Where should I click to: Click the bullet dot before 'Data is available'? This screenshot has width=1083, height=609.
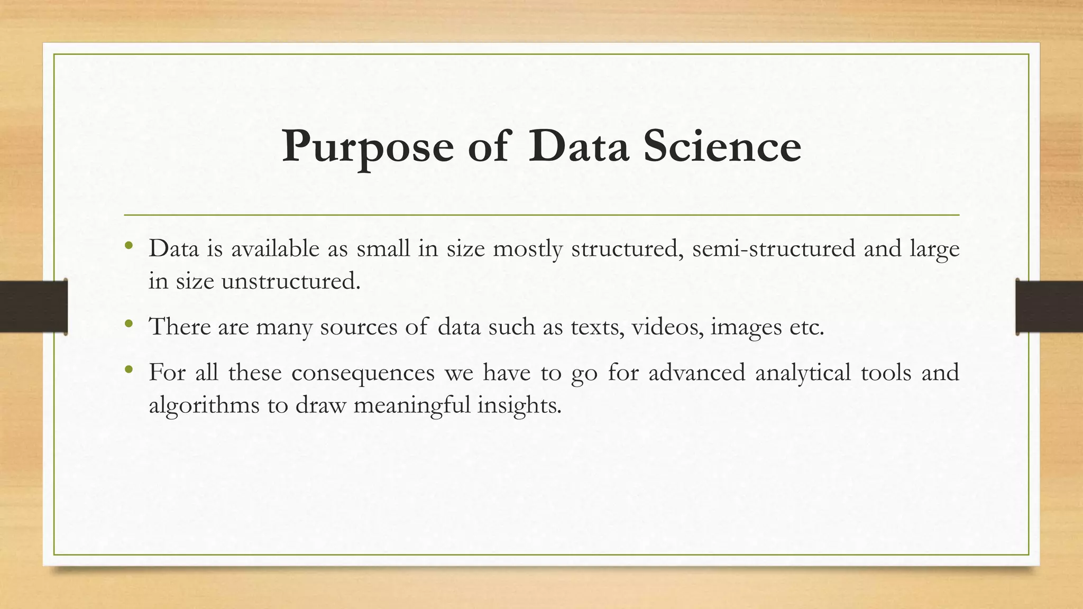click(128, 245)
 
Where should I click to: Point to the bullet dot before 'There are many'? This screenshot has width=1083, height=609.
click(128, 324)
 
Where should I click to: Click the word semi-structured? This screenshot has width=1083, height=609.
click(773, 248)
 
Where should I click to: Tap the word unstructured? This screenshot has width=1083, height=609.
click(290, 281)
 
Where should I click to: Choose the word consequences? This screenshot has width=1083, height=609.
click(363, 373)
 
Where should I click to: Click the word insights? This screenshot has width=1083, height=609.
click(519, 406)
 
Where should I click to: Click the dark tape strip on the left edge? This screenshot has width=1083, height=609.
click(33, 306)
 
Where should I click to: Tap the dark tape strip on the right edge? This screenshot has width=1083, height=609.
click(1049, 306)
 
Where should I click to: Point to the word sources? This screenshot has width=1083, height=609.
click(359, 327)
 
